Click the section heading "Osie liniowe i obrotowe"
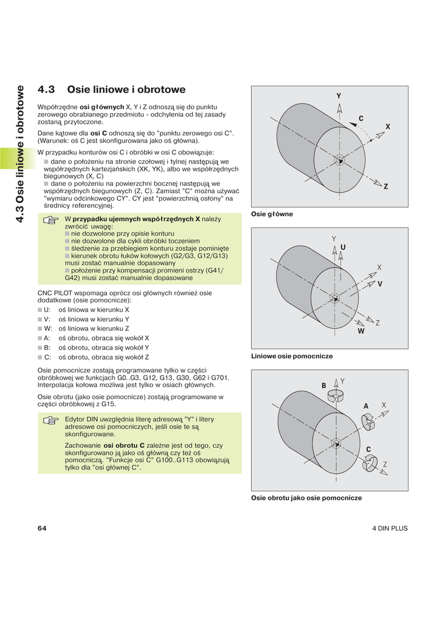[x=126, y=90]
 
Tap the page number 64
[x=42, y=528]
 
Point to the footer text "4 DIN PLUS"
[x=390, y=528]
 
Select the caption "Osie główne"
[x=272, y=214]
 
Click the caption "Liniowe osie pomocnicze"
[x=292, y=356]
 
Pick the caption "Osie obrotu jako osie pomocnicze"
[x=306, y=497]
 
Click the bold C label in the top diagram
[x=360, y=118]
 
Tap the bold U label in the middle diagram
[x=343, y=247]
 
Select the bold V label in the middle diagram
[x=380, y=284]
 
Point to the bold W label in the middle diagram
[x=361, y=331]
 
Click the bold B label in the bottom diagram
[x=324, y=386]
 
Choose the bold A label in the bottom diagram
[x=366, y=406]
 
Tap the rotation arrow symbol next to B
[x=335, y=395]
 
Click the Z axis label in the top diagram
[x=385, y=186]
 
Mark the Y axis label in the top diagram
[x=339, y=97]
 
